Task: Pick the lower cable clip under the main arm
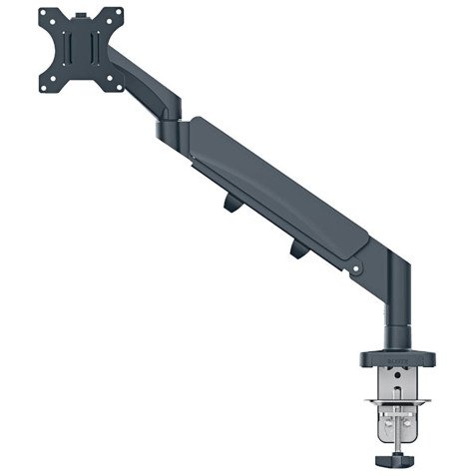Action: (298, 249)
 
